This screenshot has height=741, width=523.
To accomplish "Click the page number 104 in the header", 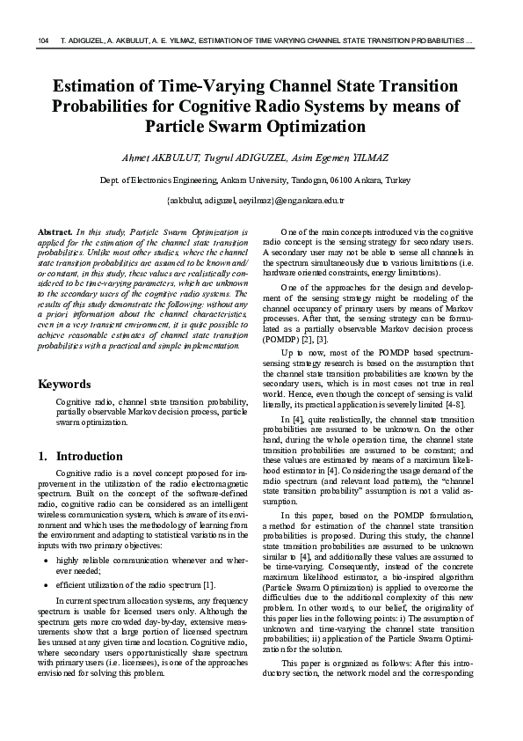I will click(43, 41).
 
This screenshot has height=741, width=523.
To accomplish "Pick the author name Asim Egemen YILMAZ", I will click(338, 157).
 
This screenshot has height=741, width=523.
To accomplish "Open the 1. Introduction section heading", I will click(81, 457).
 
